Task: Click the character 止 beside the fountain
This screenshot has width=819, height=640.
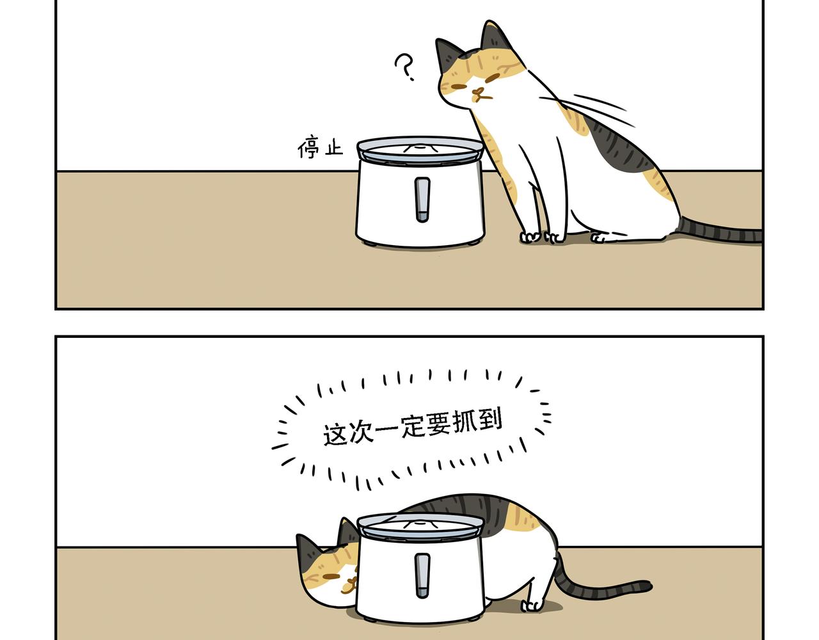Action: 334,147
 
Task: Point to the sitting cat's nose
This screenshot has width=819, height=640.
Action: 479,91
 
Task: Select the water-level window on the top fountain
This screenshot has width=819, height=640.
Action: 422,200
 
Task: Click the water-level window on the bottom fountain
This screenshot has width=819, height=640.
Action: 422,575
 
